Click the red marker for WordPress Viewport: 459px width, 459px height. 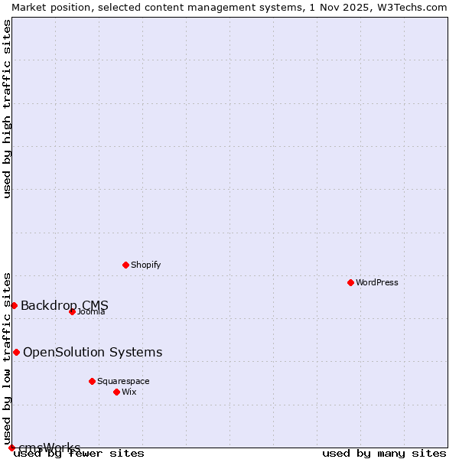coord(350,282)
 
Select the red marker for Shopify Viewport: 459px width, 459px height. coord(125,265)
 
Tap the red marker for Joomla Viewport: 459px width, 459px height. coord(72,311)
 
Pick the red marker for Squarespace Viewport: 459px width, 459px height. coord(92,381)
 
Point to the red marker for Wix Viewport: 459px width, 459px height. coord(116,392)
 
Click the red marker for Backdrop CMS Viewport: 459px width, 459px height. coord(14,305)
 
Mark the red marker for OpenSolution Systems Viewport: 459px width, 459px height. coord(16,352)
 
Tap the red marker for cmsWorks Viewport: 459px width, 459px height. coord(11,448)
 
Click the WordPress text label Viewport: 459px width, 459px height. coord(377,282)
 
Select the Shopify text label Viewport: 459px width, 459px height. coord(145,265)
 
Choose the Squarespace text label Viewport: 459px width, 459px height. coord(123,381)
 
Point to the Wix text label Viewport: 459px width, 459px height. coord(129,392)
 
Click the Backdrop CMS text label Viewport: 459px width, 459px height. coord(64,305)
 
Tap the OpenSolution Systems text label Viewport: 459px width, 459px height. coord(93,352)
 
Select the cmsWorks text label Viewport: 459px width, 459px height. coord(49,448)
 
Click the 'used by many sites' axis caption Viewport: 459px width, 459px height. coord(383,453)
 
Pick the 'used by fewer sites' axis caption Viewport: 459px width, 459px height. coord(79,453)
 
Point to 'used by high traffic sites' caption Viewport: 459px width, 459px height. coord(8,109)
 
